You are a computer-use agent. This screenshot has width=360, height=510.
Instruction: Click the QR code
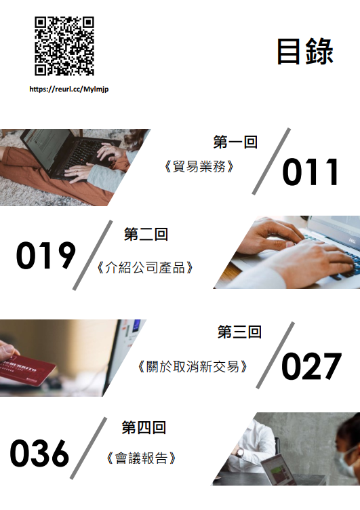tap(64, 46)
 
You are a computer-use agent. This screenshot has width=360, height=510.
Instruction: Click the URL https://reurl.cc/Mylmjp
tap(69, 89)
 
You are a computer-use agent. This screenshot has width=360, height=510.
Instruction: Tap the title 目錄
tap(305, 52)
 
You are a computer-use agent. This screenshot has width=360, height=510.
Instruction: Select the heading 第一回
tap(235, 142)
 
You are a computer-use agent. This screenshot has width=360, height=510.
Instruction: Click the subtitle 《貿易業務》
tap(199, 167)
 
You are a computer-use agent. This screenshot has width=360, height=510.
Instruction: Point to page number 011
tap(311, 172)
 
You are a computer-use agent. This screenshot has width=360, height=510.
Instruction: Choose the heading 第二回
tap(146, 234)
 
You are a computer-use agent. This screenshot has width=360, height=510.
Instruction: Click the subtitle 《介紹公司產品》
tap(144, 267)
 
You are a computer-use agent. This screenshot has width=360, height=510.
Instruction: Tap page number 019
tap(46, 255)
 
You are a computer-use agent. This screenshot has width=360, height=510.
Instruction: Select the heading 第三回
tap(240, 332)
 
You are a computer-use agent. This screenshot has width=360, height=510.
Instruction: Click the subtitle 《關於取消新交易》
tap(192, 366)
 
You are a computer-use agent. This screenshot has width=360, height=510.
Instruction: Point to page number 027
tap(312, 366)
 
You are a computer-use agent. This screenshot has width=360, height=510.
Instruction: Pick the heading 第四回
tap(144, 427)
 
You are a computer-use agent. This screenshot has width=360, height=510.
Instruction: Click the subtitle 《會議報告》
tap(141, 458)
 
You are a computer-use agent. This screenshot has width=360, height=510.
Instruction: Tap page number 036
tap(39, 453)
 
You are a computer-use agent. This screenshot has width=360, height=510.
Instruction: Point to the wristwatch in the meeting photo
tap(240, 452)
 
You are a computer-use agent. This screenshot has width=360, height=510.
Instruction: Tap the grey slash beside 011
tap(271, 161)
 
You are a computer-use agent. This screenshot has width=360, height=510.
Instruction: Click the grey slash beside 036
tap(88, 448)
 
